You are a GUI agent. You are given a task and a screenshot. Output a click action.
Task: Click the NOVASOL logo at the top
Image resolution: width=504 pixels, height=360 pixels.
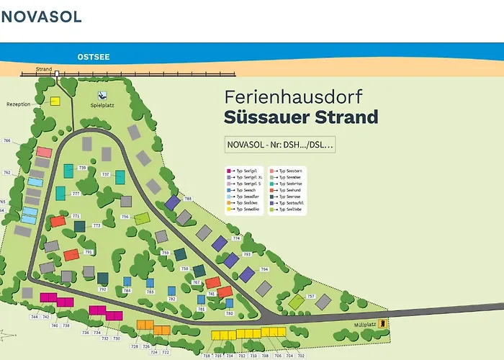point(41,16)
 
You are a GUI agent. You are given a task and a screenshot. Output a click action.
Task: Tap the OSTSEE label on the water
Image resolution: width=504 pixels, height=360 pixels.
point(94,56)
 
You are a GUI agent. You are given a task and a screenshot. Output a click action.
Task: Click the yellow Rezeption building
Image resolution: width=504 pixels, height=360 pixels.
point(55,102)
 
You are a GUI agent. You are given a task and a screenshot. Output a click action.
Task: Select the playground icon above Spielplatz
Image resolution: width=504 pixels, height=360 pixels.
point(102,95)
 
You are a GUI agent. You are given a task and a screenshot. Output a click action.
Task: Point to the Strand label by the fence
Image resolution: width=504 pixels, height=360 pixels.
point(44,70)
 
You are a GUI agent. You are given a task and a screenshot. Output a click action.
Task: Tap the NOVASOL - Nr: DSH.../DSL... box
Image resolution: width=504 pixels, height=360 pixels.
point(280,145)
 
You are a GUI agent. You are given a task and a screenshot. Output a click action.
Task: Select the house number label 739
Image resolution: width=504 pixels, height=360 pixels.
point(82,168)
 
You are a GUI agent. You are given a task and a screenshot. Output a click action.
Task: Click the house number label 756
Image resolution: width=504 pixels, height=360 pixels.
point(125,216)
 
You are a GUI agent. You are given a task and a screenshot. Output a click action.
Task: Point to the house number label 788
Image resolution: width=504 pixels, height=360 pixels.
point(188,199)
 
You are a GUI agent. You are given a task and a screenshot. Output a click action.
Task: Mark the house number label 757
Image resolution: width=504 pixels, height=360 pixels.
point(311,296)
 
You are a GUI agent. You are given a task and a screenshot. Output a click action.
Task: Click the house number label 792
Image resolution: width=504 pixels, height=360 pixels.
point(102,289)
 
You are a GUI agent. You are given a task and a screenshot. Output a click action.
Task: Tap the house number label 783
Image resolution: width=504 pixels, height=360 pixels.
point(150,292)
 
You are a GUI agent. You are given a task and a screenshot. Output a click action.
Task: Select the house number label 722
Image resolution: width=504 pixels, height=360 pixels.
point(166,352)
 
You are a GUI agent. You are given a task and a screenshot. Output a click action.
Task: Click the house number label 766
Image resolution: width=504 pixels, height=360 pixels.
point(7,141)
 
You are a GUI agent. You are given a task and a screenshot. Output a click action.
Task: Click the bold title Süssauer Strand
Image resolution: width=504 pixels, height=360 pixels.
point(300,117)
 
